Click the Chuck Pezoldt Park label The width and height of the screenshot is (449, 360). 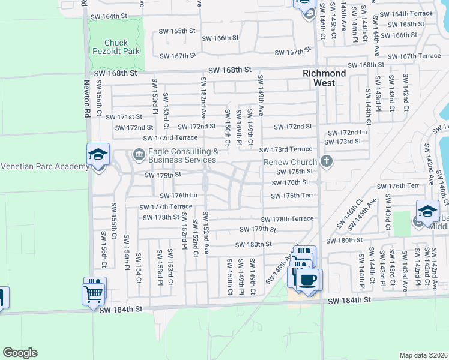(122, 47)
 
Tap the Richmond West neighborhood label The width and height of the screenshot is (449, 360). (324, 78)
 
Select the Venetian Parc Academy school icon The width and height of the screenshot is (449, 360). (98, 155)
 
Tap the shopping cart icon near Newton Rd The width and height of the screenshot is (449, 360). (94, 292)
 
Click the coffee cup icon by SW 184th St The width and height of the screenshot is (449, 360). (309, 280)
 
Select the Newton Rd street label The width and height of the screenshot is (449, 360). (86, 100)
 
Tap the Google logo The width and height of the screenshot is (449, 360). (19, 353)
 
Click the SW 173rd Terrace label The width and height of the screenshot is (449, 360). (286, 149)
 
